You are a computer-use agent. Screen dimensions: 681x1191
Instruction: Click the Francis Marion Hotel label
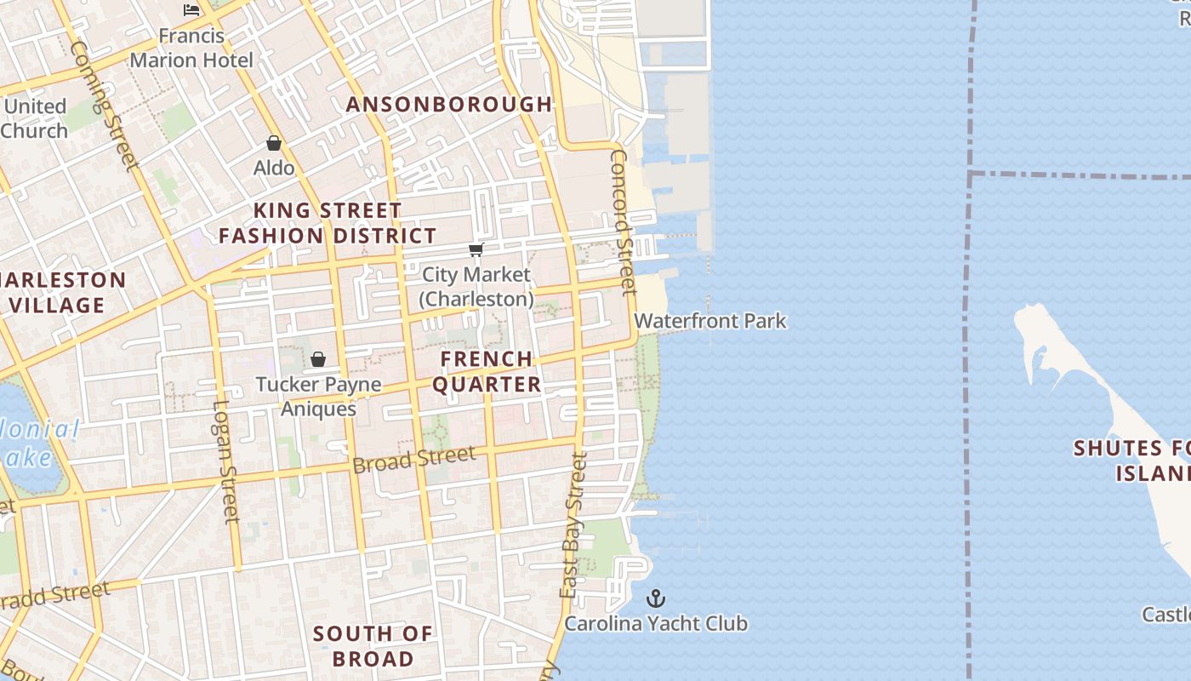[191, 48]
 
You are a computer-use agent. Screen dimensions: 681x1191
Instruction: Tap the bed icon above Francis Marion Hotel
[191, 10]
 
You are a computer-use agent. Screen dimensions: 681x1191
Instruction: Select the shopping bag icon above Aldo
[274, 143]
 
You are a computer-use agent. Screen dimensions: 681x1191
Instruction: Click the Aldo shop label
[274, 168]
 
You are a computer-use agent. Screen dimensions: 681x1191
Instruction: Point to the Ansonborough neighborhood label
[449, 104]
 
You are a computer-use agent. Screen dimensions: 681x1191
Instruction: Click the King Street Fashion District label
[328, 223]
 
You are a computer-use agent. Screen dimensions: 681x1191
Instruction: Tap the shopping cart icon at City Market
[476, 249]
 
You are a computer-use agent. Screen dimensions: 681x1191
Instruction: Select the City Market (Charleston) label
[476, 287]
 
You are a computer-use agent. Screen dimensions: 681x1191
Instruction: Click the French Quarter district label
[487, 371]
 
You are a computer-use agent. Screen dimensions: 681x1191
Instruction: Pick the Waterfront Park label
[710, 321]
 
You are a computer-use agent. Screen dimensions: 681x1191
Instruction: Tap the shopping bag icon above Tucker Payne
[318, 359]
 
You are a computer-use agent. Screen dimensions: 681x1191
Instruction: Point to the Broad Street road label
[414, 460]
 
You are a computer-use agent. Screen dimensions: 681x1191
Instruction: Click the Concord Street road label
[624, 222]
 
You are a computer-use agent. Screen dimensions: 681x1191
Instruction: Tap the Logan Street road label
[225, 461]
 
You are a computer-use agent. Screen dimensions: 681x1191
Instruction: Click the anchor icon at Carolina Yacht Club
[656, 598]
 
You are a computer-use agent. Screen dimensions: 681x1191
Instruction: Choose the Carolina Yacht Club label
[656, 623]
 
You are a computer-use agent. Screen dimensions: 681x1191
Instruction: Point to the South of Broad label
[373, 646]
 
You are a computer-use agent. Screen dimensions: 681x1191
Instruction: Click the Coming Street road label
[103, 106]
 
